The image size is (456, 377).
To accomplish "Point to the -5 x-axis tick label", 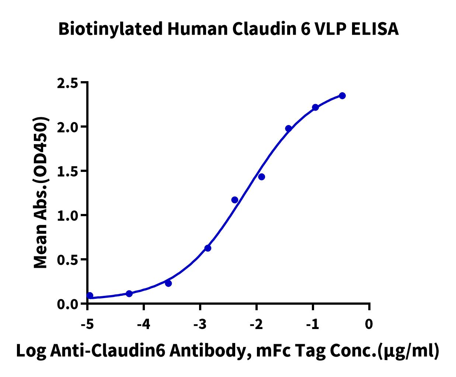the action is click(x=87, y=324).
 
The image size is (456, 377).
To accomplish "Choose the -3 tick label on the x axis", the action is click(x=200, y=324).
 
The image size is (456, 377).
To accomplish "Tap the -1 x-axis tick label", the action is click(x=313, y=324).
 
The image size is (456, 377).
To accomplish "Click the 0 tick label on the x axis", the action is click(x=369, y=324).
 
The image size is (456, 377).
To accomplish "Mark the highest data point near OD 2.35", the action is click(x=342, y=96).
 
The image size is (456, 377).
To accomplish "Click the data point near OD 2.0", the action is click(x=289, y=128).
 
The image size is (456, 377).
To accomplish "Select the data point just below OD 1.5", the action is click(x=262, y=177).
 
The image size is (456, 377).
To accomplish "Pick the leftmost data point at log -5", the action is click(x=90, y=295).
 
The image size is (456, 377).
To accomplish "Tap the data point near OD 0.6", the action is click(x=208, y=248).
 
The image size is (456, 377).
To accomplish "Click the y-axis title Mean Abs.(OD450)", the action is click(x=41, y=193).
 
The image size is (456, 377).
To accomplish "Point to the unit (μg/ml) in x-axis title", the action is click(x=408, y=351).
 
